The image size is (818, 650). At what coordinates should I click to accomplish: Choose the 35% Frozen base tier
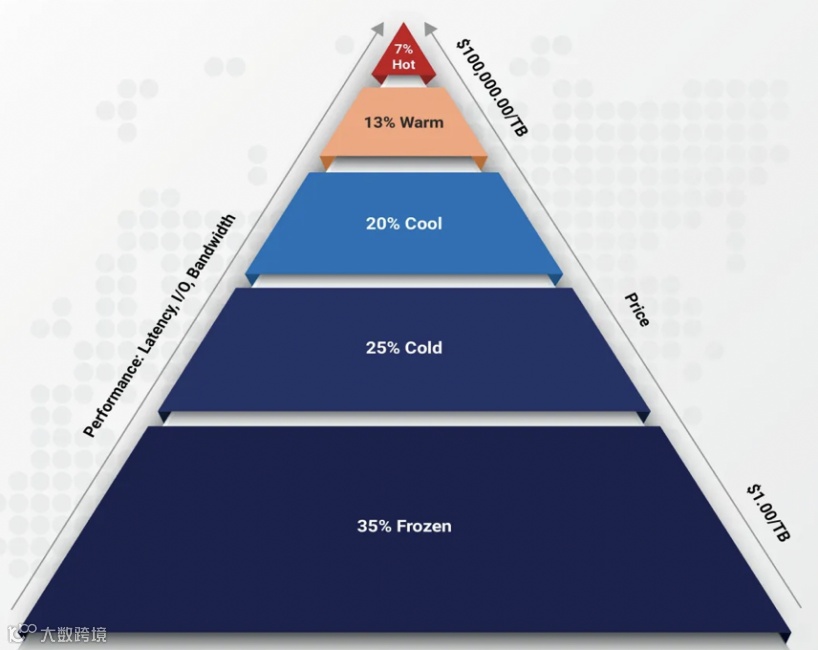[403, 560]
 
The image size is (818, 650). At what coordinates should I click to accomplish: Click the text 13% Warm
[403, 123]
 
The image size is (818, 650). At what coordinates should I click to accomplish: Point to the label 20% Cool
[403, 223]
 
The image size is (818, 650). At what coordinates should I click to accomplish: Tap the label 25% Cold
[403, 348]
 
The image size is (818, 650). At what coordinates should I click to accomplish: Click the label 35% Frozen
[403, 525]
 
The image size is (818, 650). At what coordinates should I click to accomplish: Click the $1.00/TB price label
[768, 514]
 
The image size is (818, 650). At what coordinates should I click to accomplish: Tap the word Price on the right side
[636, 310]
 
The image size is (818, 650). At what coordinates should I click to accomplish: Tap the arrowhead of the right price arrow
[429, 27]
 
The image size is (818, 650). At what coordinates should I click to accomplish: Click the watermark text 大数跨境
[73, 634]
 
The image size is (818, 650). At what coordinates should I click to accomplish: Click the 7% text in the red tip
[403, 48]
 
